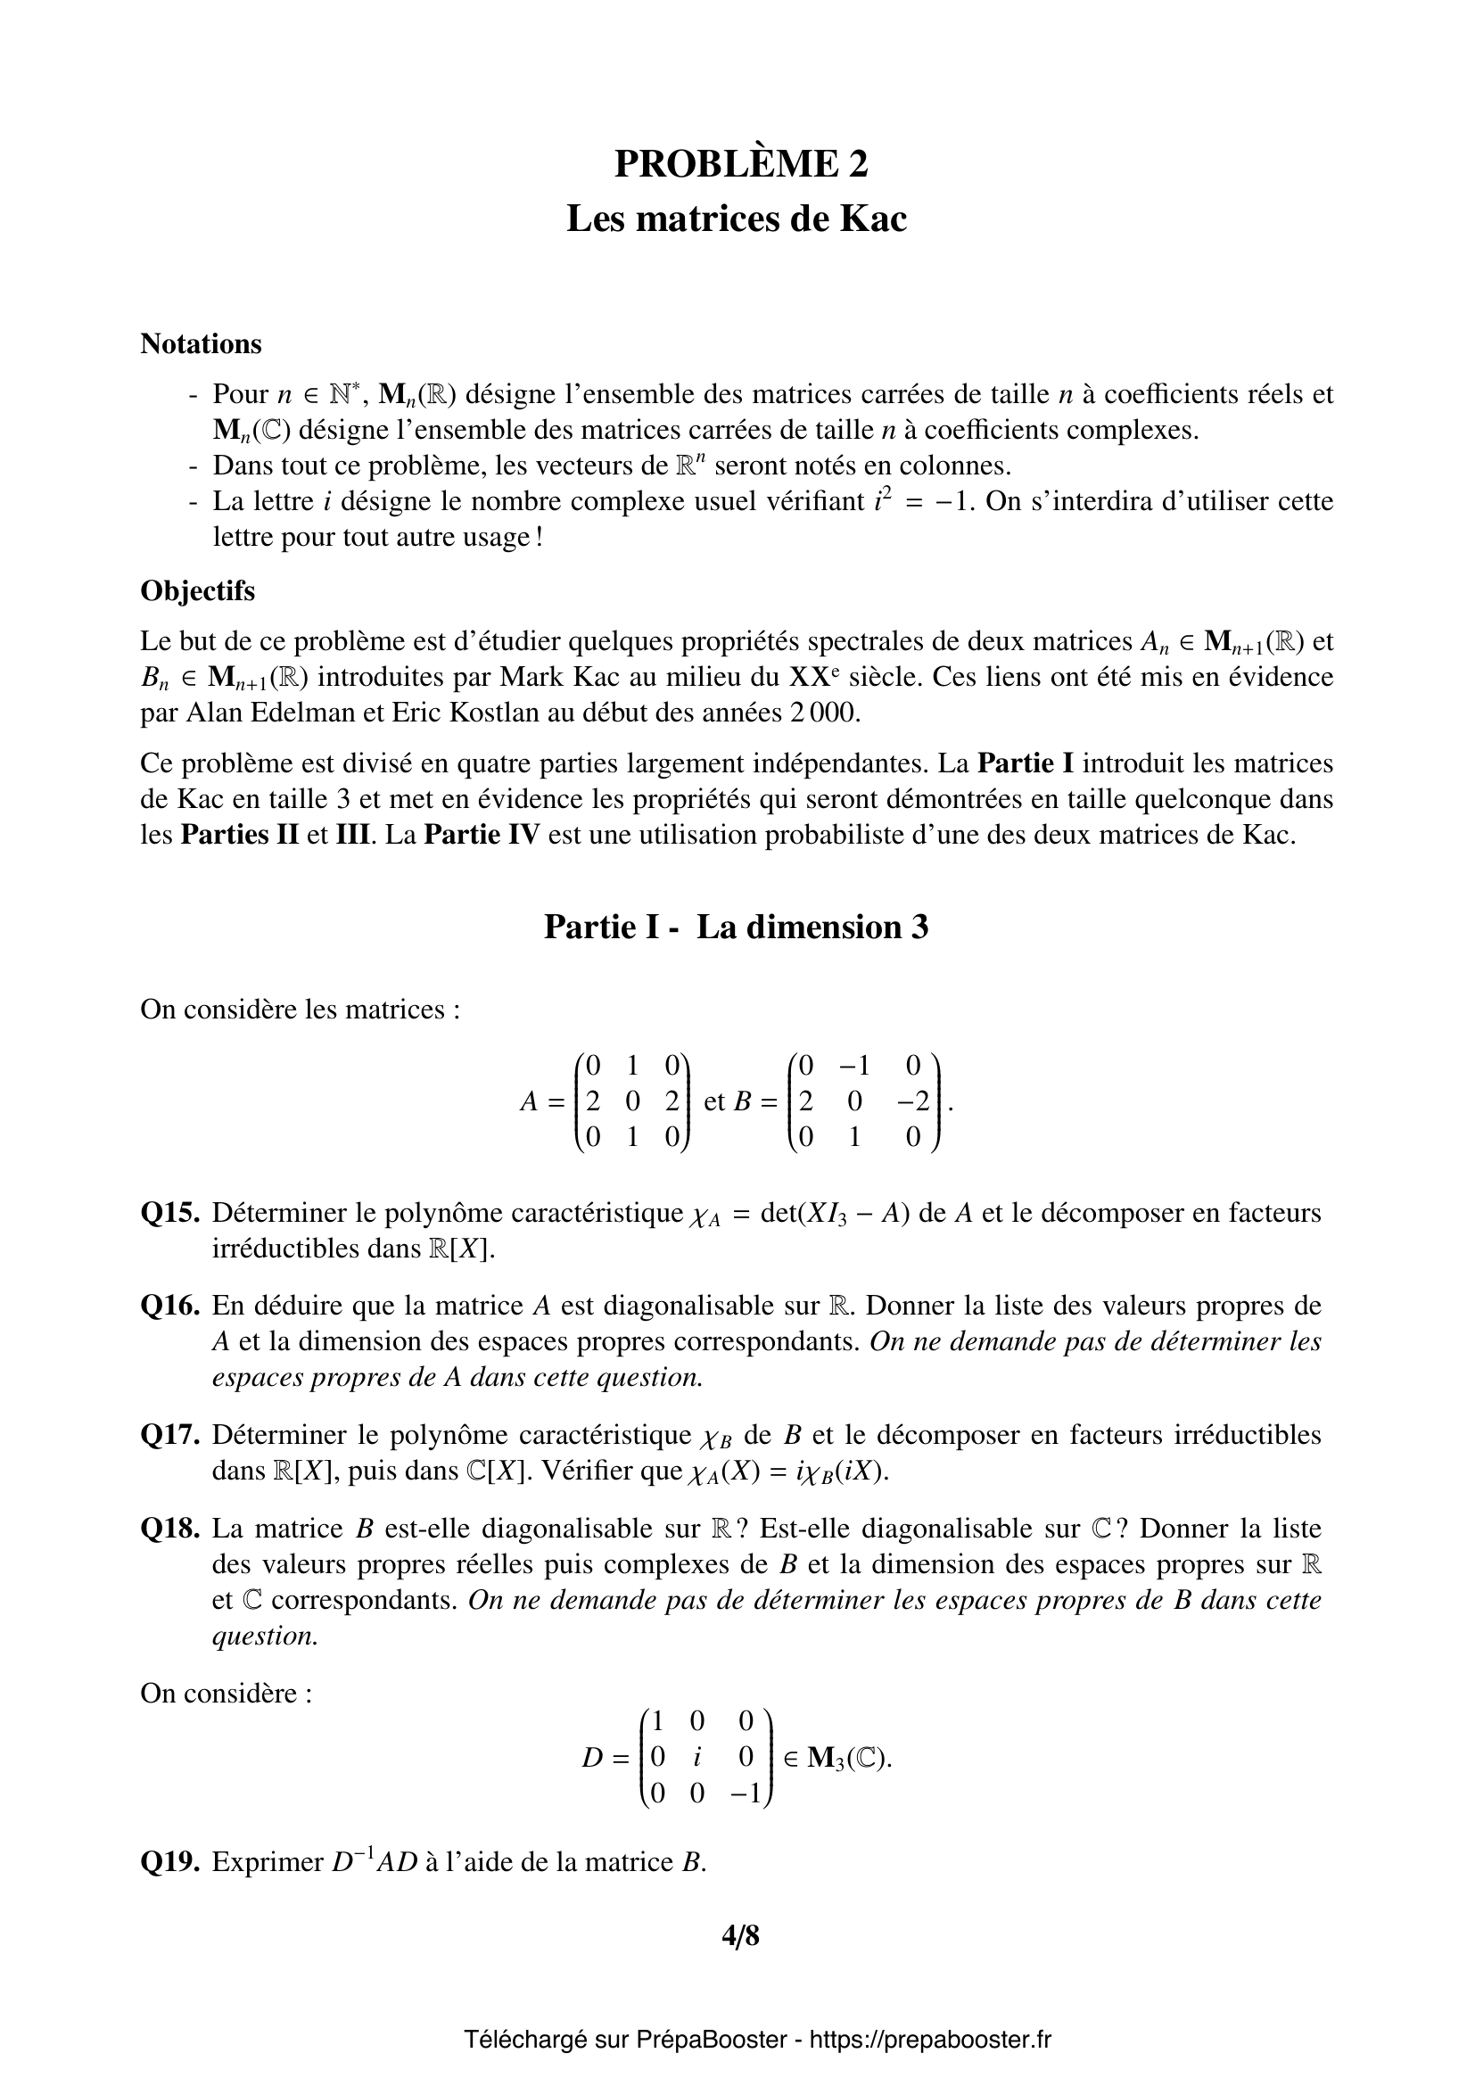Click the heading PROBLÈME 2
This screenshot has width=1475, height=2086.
pyautogui.click(x=740, y=163)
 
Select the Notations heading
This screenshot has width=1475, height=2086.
pyautogui.click(x=201, y=344)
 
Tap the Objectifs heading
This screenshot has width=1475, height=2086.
pyautogui.click(x=197, y=590)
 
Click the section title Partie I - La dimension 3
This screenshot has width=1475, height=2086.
pyautogui.click(x=736, y=927)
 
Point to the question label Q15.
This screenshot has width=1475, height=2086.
pyautogui.click(x=169, y=1213)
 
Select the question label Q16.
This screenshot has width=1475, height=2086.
pyautogui.click(x=169, y=1306)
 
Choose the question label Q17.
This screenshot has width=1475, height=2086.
pyautogui.click(x=169, y=1435)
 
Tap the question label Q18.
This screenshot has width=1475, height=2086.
pyautogui.click(x=169, y=1529)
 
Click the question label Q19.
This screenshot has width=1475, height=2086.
pyautogui.click(x=169, y=1862)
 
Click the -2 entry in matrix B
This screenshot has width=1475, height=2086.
pyautogui.click(x=913, y=1102)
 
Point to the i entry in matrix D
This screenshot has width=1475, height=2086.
pyautogui.click(x=696, y=1757)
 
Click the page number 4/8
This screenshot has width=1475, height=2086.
pyautogui.click(x=740, y=1936)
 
